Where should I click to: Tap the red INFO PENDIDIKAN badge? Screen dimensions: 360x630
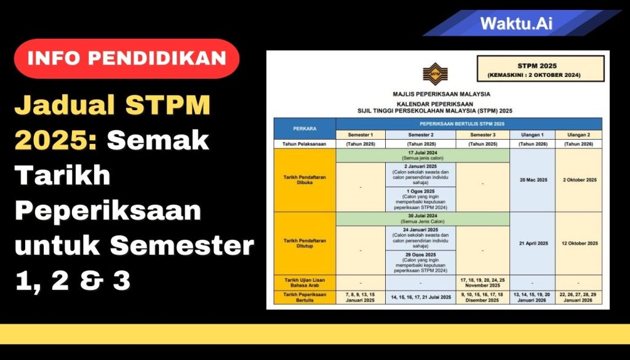pyautogui.click(x=127, y=58)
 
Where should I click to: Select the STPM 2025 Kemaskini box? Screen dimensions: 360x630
pyautogui.click(x=540, y=68)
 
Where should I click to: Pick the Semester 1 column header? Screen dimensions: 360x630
pyautogui.click(x=360, y=134)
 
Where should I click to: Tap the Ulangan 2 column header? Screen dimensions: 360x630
pyautogui.click(x=579, y=134)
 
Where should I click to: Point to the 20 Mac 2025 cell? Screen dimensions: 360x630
pyautogui.click(x=532, y=180)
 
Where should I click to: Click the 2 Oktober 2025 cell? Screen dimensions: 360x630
pyautogui.click(x=579, y=180)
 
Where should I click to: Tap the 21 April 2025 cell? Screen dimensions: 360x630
pyautogui.click(x=532, y=243)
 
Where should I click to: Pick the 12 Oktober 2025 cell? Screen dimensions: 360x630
pyautogui.click(x=579, y=243)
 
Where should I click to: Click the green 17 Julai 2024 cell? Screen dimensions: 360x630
pyautogui.click(x=422, y=154)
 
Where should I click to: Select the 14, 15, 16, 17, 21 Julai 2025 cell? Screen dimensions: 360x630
pyautogui.click(x=422, y=297)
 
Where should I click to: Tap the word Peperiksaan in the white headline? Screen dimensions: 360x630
pyautogui.click(x=108, y=211)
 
